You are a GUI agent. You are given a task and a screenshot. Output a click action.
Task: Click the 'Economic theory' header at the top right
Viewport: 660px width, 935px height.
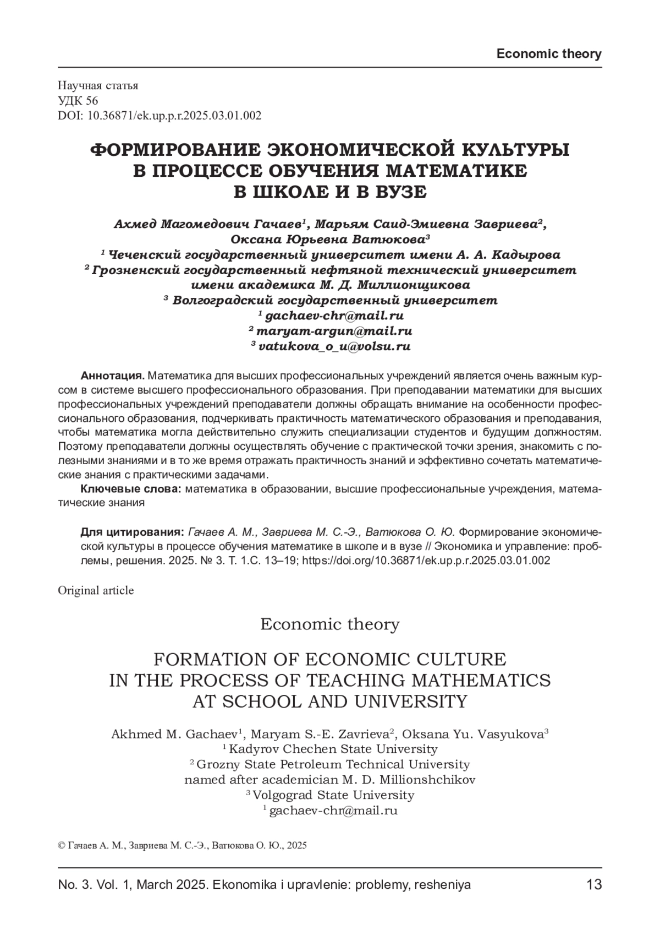tap(548, 54)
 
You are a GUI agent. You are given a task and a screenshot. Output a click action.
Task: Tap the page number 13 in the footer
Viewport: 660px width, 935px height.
tap(594, 885)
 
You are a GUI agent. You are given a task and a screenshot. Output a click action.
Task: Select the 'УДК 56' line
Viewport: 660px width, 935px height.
tap(78, 100)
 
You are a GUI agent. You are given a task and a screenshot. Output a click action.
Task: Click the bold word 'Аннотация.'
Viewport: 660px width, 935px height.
tap(112, 376)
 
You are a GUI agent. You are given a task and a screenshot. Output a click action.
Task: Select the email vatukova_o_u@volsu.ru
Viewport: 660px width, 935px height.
tap(334, 346)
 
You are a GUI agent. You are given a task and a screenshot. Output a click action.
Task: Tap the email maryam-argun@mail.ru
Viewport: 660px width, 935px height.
tap(334, 331)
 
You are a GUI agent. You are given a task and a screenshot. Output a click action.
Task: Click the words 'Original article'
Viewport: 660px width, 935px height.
tap(96, 590)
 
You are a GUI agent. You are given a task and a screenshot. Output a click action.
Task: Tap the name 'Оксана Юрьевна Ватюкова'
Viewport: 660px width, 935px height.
tap(328, 240)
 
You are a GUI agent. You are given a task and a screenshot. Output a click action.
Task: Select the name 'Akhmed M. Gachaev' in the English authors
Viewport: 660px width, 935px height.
tap(174, 734)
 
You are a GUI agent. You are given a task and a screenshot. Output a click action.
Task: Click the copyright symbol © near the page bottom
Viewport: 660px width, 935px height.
tap(61, 845)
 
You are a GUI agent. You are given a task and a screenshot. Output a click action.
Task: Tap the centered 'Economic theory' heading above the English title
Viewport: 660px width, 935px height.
tap(329, 624)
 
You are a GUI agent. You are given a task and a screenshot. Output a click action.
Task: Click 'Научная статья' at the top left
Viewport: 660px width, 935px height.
tap(98, 85)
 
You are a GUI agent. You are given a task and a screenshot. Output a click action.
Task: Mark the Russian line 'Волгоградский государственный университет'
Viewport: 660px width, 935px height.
tap(335, 301)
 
